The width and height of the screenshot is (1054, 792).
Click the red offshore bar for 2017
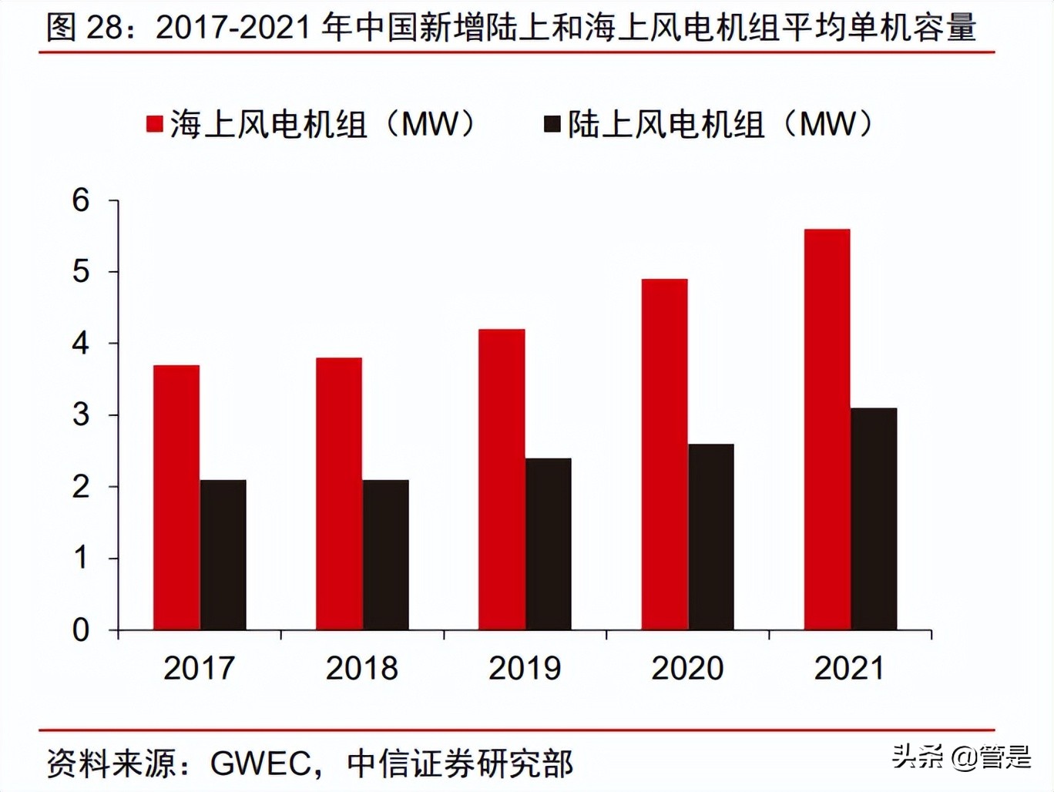(x=176, y=498)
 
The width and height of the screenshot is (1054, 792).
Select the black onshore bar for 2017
(x=223, y=555)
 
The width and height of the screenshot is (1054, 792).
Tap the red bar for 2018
(x=339, y=494)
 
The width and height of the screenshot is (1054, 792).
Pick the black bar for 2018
(x=386, y=555)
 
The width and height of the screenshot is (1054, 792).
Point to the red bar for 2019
(x=502, y=479)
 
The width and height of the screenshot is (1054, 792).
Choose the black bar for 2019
(x=549, y=544)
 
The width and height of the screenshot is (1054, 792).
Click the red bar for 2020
(x=664, y=455)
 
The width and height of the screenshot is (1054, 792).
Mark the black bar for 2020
(x=711, y=537)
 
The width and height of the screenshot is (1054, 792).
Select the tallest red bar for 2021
(x=827, y=429)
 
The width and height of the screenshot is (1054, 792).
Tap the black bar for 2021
(x=874, y=518)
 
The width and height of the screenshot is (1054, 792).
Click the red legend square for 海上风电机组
(x=155, y=124)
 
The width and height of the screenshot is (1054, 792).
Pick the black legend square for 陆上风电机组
(x=552, y=124)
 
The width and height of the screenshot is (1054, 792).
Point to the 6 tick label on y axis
(x=81, y=200)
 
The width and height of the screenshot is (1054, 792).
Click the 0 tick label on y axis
(x=81, y=630)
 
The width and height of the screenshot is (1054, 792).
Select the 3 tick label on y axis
(x=81, y=415)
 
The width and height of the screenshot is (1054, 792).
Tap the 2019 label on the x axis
(x=525, y=668)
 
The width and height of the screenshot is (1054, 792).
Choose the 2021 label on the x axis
(x=850, y=668)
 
